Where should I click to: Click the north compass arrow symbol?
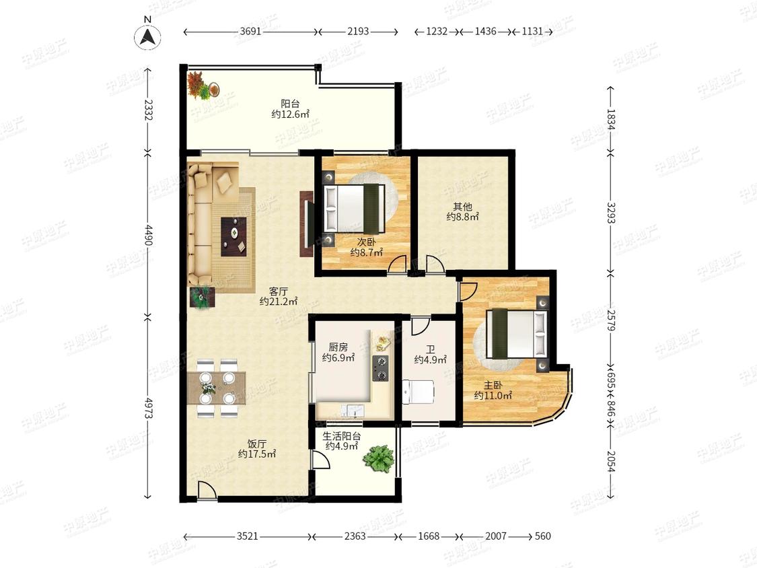point(148,37)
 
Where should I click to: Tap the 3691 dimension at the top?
point(250,32)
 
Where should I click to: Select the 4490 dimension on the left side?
point(148,234)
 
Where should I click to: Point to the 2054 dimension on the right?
point(611,461)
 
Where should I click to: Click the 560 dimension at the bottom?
point(542,536)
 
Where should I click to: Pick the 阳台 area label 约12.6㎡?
point(290,114)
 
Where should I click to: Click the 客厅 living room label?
point(279,291)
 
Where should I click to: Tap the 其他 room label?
point(462,207)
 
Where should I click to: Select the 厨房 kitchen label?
point(338,347)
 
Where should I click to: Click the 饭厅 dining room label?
point(257,444)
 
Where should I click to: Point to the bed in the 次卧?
point(355,208)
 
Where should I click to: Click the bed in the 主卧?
point(517,333)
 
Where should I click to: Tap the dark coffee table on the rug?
point(234,236)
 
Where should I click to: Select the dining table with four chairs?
point(216,388)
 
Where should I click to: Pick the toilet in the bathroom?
point(418,391)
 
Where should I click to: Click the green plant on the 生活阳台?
point(378,458)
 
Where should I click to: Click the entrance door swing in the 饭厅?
point(207,490)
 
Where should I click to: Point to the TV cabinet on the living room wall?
point(307,223)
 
